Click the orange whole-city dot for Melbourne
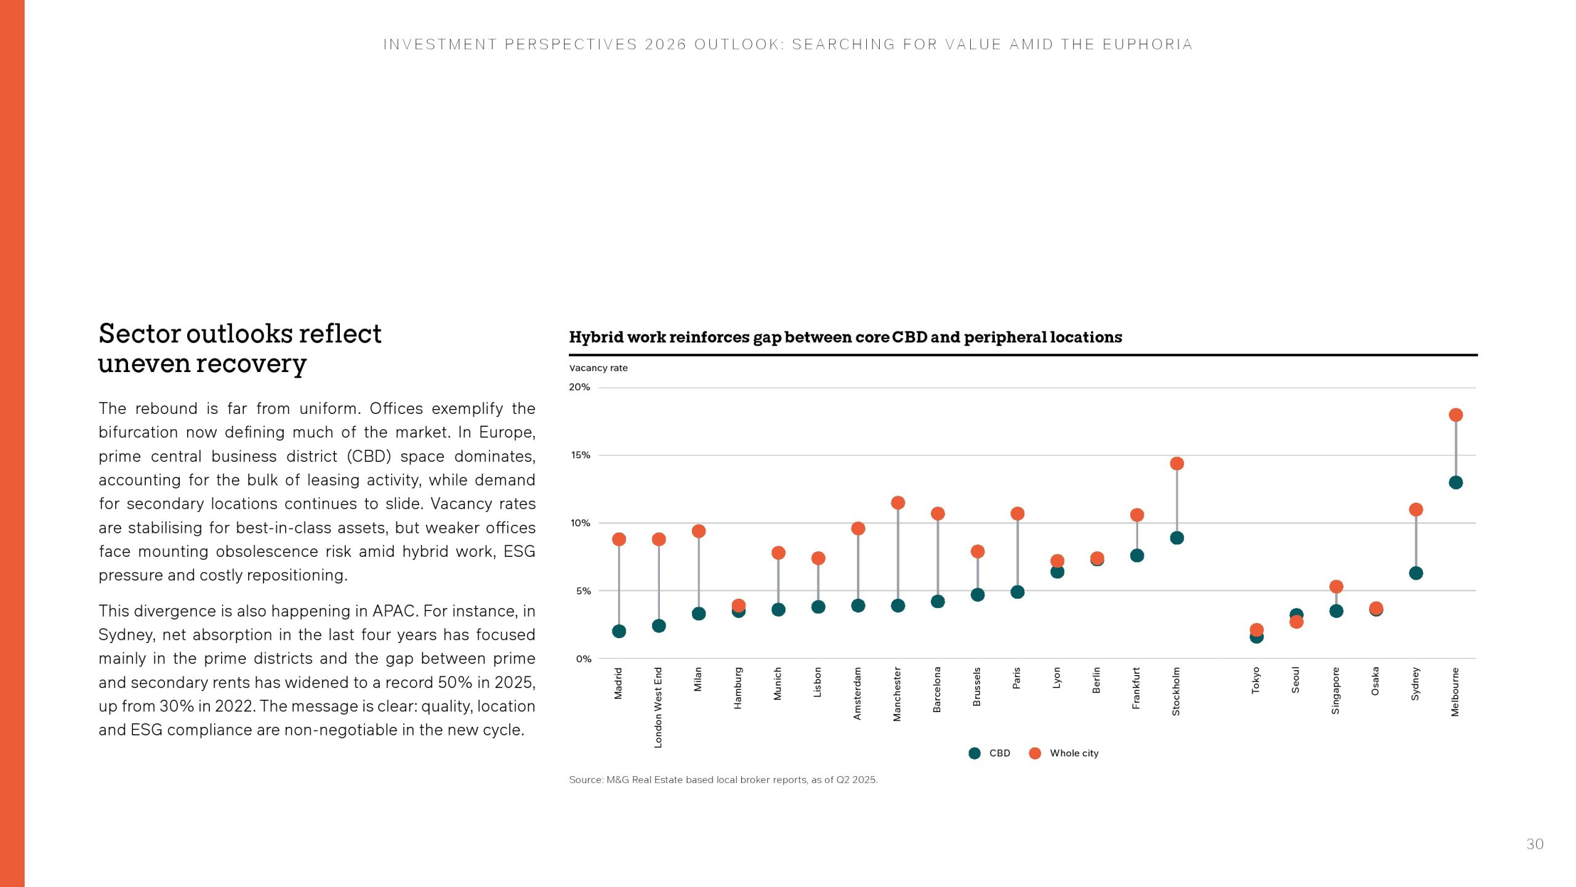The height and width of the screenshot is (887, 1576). (1455, 415)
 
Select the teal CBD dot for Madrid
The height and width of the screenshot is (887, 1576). (619, 631)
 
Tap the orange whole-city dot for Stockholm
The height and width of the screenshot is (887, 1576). (1176, 463)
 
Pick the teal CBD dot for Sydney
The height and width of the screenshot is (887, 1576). (1415, 573)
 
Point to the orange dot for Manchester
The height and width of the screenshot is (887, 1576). (898, 503)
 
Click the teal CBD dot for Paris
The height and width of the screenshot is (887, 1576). (1017, 591)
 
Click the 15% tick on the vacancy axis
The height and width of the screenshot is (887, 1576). (580, 455)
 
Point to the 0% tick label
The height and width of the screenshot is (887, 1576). (583, 658)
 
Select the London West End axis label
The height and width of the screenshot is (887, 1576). (658, 707)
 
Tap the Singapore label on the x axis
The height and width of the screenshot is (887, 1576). (1335, 691)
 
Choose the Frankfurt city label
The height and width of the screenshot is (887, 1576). (1136, 687)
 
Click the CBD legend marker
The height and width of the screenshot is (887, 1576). (975, 753)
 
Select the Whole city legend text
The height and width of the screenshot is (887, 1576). (1074, 753)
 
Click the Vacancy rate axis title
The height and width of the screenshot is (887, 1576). (598, 368)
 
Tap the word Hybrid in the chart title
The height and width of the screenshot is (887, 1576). (596, 337)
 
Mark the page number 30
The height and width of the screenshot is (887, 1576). (1535, 844)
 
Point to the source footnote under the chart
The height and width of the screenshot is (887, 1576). (723, 779)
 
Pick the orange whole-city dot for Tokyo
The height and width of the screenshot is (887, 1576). (1256, 630)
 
